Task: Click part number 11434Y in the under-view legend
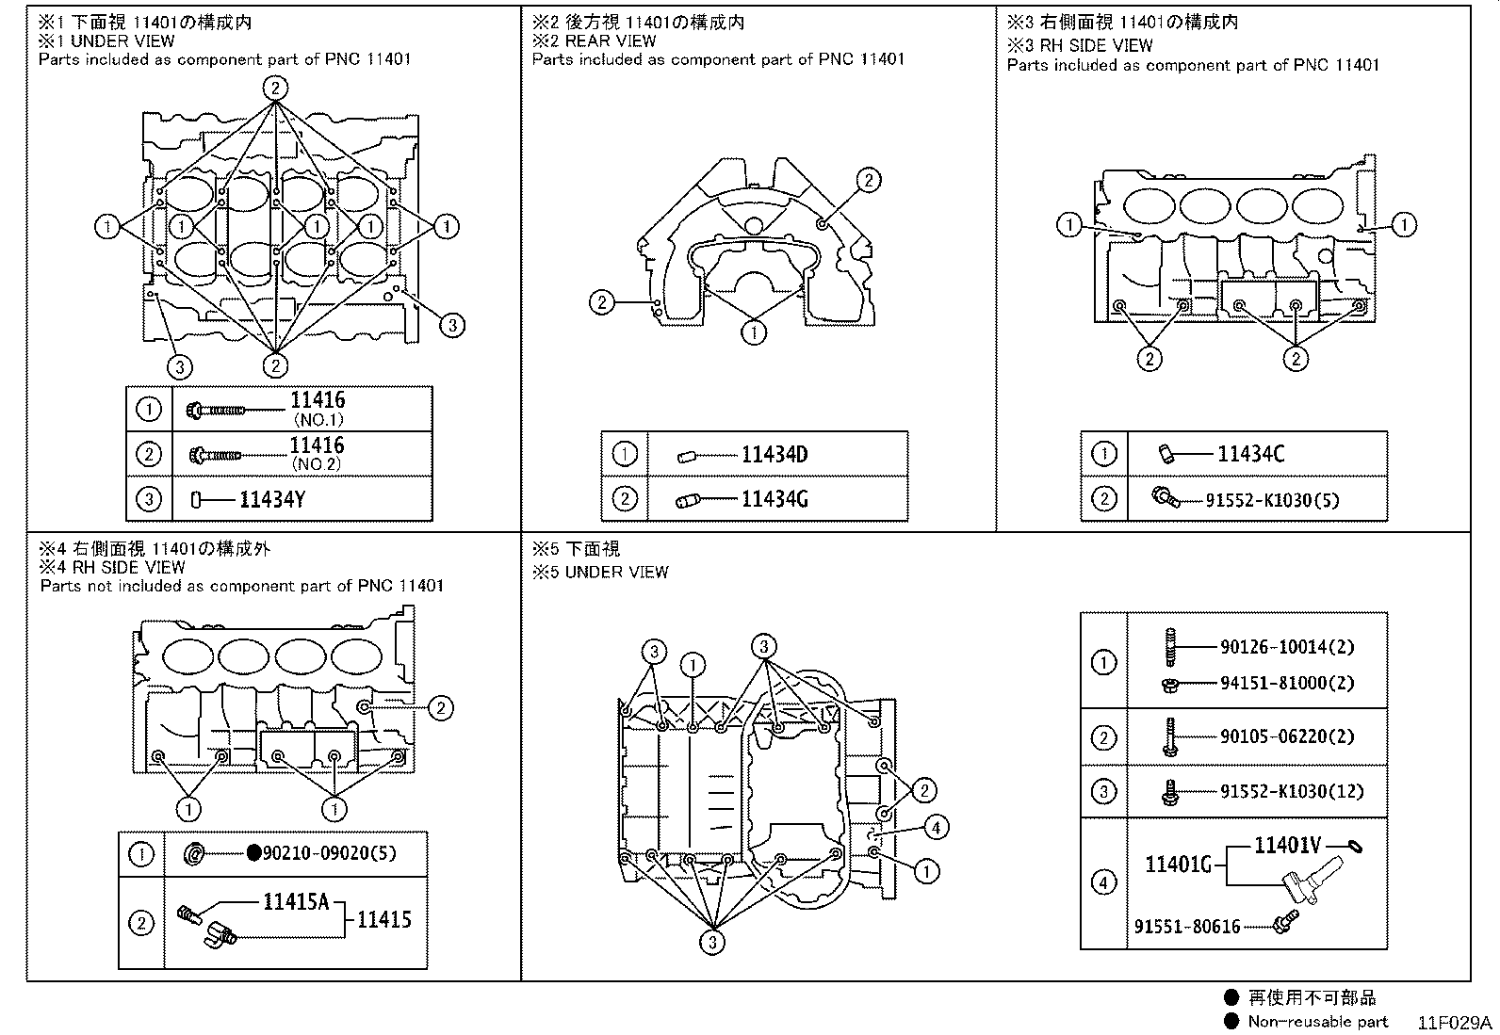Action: pos(272,499)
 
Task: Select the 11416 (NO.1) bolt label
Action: pos(318,408)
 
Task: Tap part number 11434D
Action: pos(774,455)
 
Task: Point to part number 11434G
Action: pos(774,499)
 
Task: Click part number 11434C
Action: pos(1250,454)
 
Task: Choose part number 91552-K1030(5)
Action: pos(1272,500)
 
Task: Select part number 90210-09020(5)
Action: pos(330,853)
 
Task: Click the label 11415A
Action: pos(296,902)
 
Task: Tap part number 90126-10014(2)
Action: pos(1287,647)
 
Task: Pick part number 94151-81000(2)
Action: pos(1287,683)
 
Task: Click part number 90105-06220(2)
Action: pos(1287,736)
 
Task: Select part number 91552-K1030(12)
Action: pos(1292,791)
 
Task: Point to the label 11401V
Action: pos(1288,846)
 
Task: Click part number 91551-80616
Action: pos(1187,927)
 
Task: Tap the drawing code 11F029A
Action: pos(1455,1023)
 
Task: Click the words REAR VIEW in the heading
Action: pos(611,40)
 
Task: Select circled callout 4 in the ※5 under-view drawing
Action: pos(936,828)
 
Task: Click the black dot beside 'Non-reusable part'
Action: pos(1231,1021)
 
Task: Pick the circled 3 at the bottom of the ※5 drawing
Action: pos(711,943)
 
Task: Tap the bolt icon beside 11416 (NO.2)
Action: pos(216,455)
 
